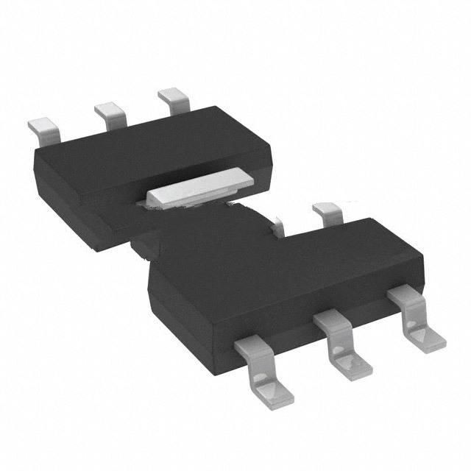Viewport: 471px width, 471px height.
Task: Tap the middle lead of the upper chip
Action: pos(108,111)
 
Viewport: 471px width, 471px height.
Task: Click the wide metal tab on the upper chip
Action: pos(198,185)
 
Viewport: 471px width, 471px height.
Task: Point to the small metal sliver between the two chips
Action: pos(277,226)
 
